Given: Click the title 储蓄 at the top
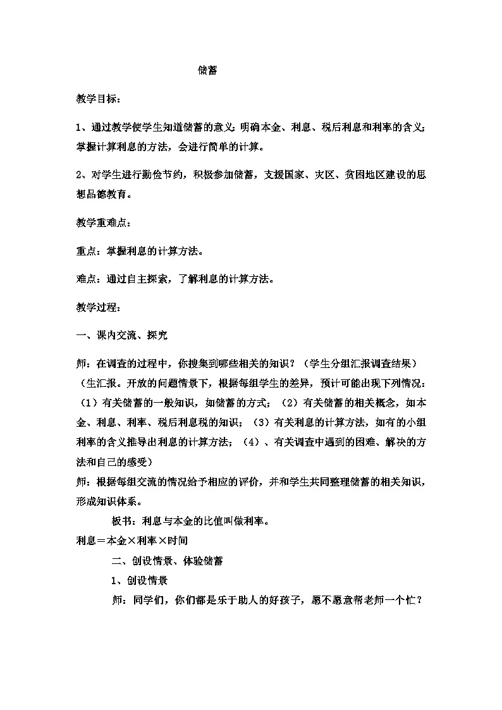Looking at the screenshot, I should tap(207, 71).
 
